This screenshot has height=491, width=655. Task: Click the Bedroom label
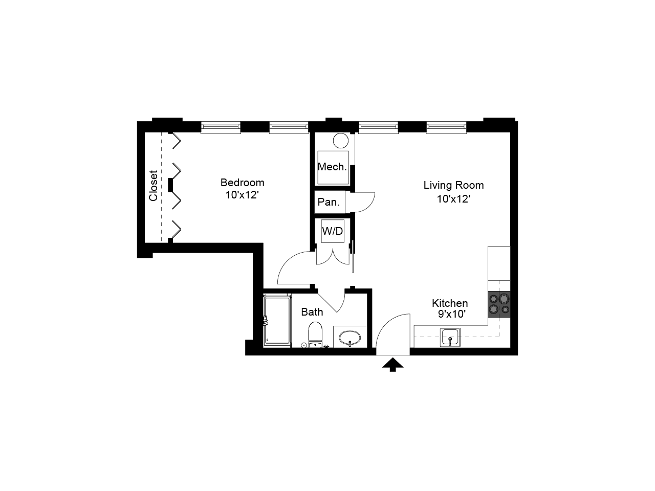pos(242,183)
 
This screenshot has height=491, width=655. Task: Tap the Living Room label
pos(453,185)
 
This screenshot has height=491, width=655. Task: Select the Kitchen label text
pos(450,303)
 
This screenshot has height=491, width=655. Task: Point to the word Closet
pos(154,186)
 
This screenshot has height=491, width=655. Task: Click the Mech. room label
pos(332,167)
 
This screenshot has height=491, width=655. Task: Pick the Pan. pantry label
pos(329,202)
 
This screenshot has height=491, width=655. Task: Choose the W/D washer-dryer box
pos(333,231)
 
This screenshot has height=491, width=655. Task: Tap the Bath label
pos(312,312)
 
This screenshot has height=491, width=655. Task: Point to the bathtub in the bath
pos(277,321)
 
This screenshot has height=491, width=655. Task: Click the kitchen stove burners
pos(499,303)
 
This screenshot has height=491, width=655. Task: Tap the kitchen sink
pos(450,338)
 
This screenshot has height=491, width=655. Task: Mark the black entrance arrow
pos(392,364)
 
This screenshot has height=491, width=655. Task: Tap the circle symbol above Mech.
pos(340,140)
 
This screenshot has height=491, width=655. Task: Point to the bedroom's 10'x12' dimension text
pos(242,195)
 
